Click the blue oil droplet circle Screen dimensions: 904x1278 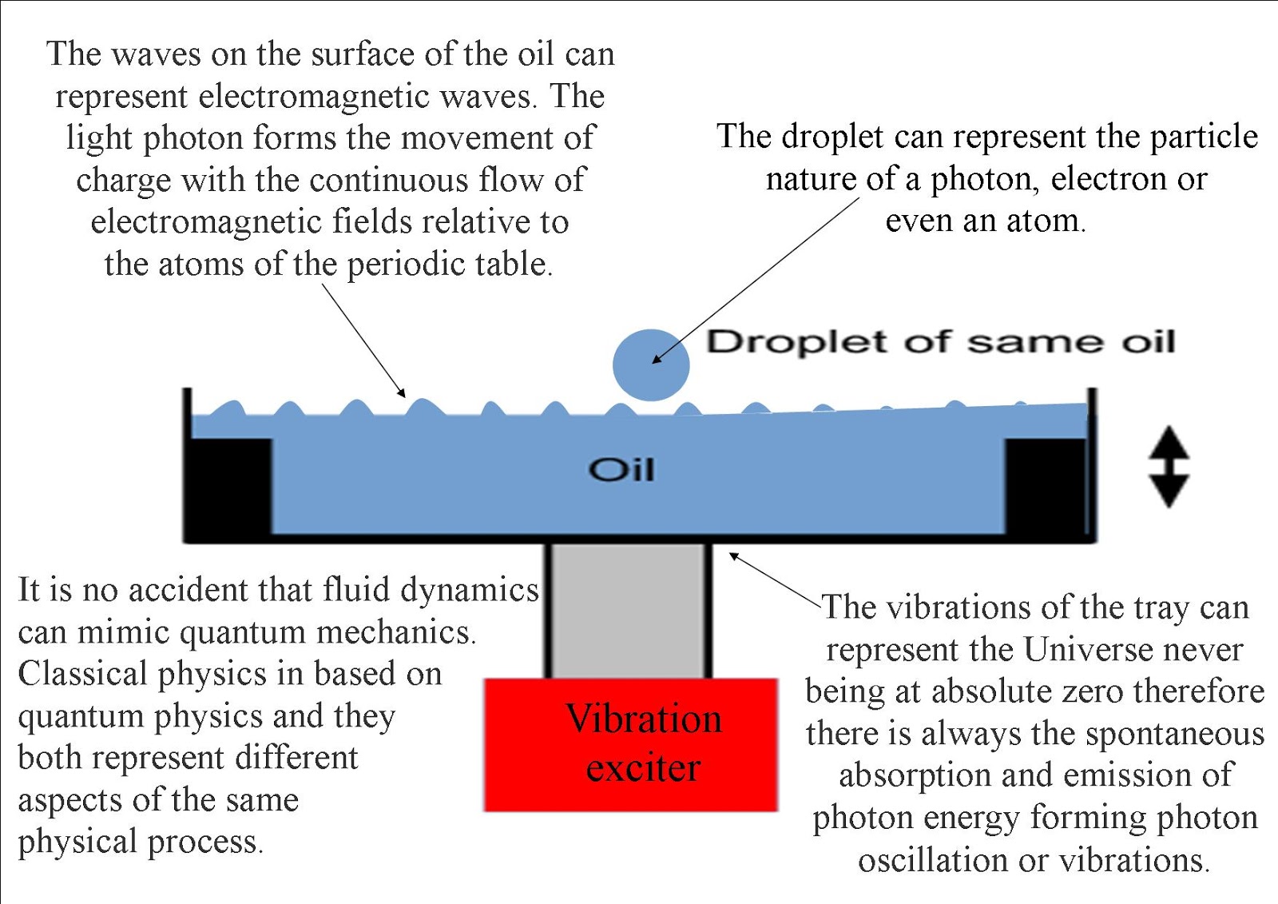(x=651, y=365)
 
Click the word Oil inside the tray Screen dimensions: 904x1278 (x=621, y=469)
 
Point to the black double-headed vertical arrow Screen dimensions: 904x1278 (x=1169, y=467)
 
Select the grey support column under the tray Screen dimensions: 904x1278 (x=629, y=611)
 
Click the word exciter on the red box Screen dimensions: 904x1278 (x=643, y=769)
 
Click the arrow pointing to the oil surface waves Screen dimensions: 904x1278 (x=363, y=340)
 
